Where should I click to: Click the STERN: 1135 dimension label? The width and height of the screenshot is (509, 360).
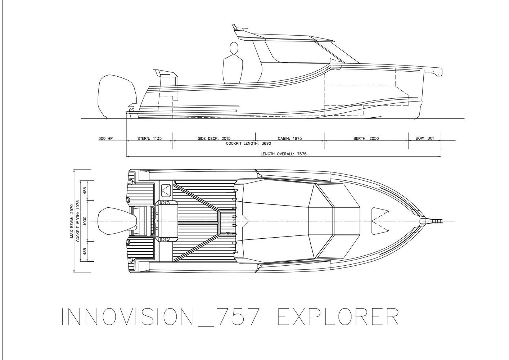(149, 138)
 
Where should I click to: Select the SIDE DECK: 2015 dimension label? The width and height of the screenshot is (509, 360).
(214, 138)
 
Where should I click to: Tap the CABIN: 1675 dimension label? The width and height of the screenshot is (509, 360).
(290, 138)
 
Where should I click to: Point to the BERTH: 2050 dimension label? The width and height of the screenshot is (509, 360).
(366, 138)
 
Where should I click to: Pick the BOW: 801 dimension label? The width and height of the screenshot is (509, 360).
(425, 138)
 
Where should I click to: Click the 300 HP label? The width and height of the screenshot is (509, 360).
(106, 138)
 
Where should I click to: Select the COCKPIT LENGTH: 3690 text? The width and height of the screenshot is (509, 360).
(248, 143)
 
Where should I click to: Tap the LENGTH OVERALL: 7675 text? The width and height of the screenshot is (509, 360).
(283, 154)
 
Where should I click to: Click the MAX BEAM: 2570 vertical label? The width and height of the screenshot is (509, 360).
(72, 221)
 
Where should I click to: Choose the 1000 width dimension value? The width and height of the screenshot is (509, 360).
(85, 221)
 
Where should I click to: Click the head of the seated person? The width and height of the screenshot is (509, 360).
(234, 48)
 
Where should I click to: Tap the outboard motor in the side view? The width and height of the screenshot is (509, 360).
(117, 96)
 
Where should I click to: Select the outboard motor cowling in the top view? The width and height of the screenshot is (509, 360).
(117, 221)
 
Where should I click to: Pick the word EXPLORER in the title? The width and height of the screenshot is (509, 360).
(338, 317)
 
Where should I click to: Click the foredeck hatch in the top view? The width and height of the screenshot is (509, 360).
(380, 221)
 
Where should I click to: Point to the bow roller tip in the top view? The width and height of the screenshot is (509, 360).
(442, 221)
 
